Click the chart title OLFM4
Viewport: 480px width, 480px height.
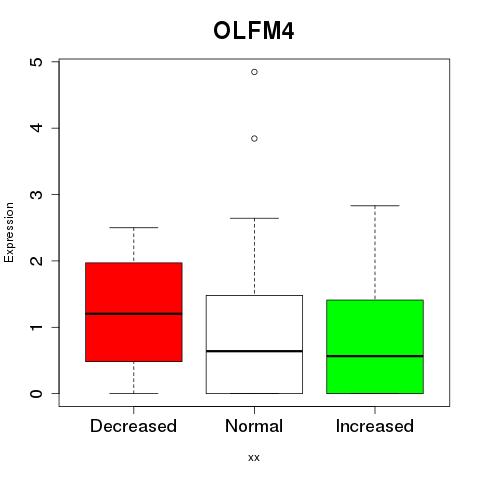click(x=253, y=31)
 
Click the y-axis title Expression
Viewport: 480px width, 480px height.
click(x=9, y=232)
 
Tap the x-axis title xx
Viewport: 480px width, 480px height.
click(x=254, y=457)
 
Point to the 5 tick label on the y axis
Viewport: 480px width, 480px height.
click(x=36, y=62)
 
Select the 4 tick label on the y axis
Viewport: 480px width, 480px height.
click(x=36, y=128)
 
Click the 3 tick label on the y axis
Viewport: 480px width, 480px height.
click(x=36, y=194)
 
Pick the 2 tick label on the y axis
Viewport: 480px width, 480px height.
click(x=36, y=261)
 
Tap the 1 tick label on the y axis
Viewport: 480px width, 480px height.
click(x=36, y=327)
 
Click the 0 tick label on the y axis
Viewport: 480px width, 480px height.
click(x=36, y=393)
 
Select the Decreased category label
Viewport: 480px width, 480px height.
click(x=133, y=426)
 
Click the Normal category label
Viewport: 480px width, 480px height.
click(x=254, y=426)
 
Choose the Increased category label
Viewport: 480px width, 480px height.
click(x=375, y=426)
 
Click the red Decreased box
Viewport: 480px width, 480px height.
click(x=134, y=312)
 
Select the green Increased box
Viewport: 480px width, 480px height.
click(x=375, y=347)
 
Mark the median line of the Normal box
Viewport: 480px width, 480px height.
click(x=254, y=351)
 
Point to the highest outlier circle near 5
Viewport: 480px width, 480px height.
click(x=254, y=72)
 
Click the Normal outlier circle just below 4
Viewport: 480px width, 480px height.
click(x=254, y=138)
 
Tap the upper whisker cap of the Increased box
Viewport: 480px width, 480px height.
click(x=375, y=206)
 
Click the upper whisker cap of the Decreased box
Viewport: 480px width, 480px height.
click(x=134, y=228)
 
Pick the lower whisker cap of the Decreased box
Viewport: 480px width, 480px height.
click(x=134, y=393)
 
